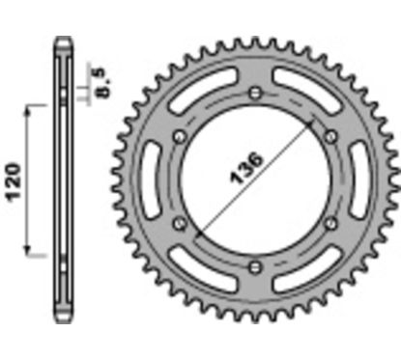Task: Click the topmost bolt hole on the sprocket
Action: pos(253,92)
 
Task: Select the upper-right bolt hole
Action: pos(329,136)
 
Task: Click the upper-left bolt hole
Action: pos(177,136)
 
